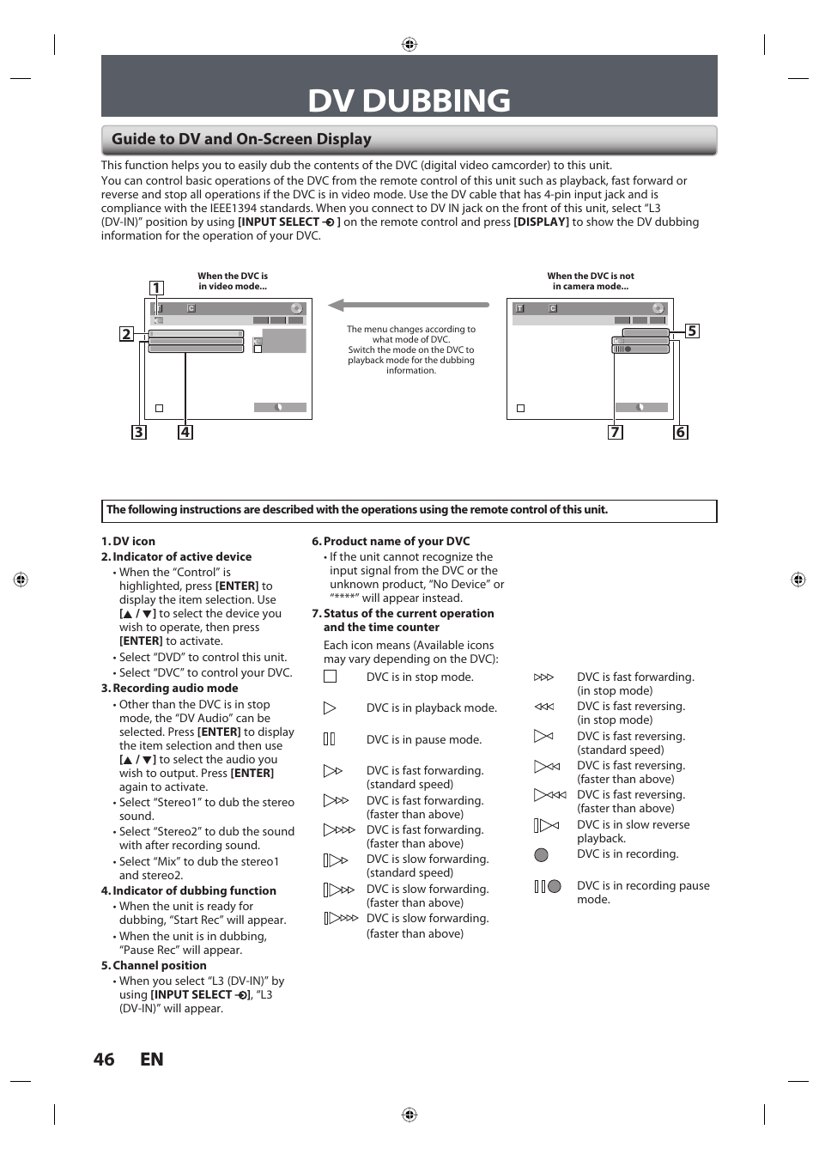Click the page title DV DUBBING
tap(409, 100)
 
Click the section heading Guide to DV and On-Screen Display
tap(241, 139)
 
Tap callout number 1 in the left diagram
tap(156, 288)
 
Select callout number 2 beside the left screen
tap(126, 334)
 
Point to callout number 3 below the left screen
tap(138, 432)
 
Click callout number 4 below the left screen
tap(185, 432)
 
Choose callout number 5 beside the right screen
tap(692, 331)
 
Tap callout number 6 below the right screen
tap(680, 432)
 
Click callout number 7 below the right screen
tap(615, 432)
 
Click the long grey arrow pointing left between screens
tap(409, 305)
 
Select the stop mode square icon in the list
tap(330, 677)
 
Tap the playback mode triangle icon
tap(330, 708)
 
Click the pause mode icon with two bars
tap(329, 739)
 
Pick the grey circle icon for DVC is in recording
tap(541, 854)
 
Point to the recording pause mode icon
tap(547, 886)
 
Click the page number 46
tap(104, 1060)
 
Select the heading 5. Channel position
tap(154, 965)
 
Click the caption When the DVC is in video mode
tap(233, 282)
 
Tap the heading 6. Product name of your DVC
tap(391, 541)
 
